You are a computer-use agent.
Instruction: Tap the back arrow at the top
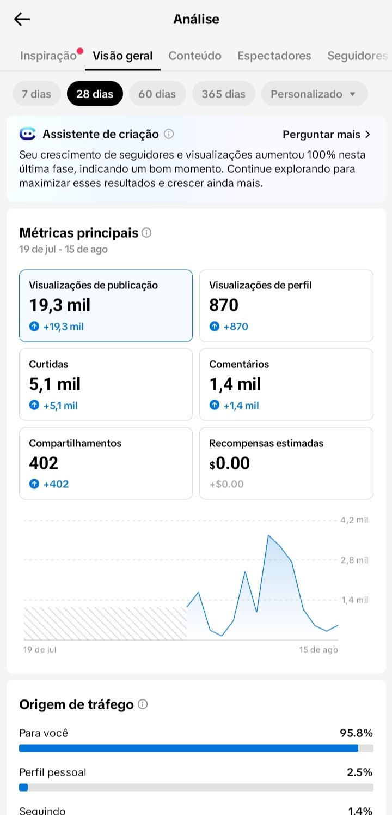pos(22,19)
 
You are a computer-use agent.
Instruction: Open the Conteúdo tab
pos(195,56)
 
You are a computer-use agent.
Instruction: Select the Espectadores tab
pos(274,56)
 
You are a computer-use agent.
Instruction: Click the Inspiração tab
pos(48,56)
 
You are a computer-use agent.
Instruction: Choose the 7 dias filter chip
pos(36,94)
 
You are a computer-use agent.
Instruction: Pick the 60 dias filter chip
pos(157,94)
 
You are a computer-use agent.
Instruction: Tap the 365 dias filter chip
pos(223,94)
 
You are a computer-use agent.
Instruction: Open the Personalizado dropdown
pos(314,94)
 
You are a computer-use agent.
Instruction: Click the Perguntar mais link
pos(327,135)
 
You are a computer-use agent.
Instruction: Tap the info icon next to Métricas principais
pos(146,232)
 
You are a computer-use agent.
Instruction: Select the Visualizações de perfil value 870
pos(224,305)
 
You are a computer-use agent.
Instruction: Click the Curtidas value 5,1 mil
pos(55,384)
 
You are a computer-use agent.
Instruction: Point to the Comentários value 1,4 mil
pos(235,384)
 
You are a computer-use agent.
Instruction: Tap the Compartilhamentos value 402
pos(44,463)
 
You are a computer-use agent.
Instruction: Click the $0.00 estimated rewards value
pos(229,463)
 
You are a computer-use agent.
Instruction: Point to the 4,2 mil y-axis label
pos(354,520)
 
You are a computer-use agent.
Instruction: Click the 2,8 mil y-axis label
pos(354,560)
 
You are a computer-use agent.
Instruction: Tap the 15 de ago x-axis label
pos(318,649)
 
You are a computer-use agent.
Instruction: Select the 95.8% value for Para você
pos(357,733)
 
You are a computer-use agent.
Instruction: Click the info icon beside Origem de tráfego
pos(143,704)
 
